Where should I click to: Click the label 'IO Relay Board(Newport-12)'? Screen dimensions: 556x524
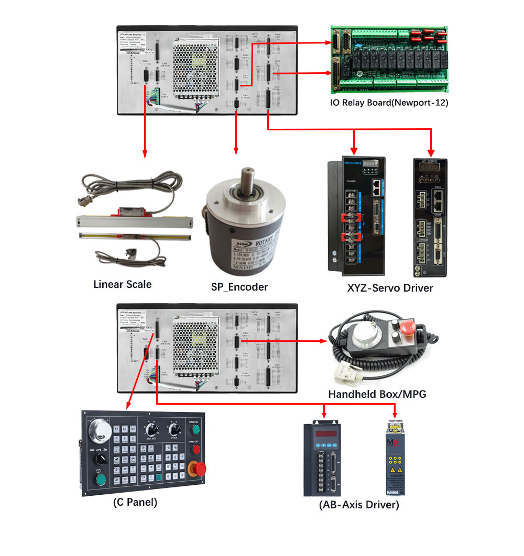pos(389,103)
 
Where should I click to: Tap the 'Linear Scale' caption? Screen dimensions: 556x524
pos(122,284)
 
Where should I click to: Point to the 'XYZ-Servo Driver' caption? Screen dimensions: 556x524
pos(390,287)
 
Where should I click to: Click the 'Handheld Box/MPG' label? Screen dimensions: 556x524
pos(377,394)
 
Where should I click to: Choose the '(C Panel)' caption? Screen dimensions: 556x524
pos(135,502)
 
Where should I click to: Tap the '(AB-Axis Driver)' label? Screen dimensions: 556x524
pos(359,505)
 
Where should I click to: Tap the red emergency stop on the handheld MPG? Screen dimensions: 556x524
pos(406,330)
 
